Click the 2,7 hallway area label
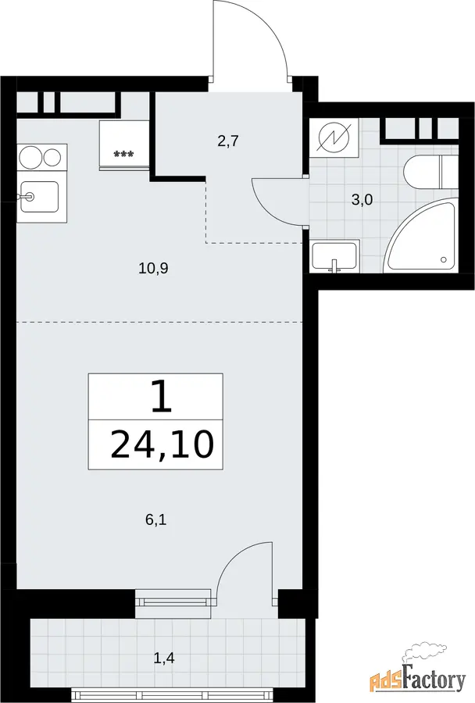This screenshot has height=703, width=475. click(x=227, y=141)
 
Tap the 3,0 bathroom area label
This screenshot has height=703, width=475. click(x=362, y=200)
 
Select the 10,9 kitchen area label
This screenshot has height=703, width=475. click(x=153, y=269)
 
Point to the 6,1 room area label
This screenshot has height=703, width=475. click(x=156, y=520)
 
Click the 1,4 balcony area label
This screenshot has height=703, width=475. click(x=164, y=658)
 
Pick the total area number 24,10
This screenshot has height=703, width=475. click(x=162, y=444)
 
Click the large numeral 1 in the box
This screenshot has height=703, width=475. click(x=162, y=397)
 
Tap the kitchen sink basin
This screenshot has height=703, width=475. click(x=40, y=197)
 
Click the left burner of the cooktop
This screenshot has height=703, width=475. click(x=30, y=157)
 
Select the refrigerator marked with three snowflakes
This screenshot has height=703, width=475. click(x=123, y=146)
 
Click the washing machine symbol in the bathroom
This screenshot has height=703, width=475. click(x=334, y=137)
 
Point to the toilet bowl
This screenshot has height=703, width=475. click(x=421, y=173)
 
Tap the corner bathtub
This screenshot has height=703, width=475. click(x=422, y=237)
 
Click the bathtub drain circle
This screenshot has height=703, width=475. click(x=444, y=259)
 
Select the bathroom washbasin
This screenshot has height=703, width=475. click(x=334, y=256)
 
